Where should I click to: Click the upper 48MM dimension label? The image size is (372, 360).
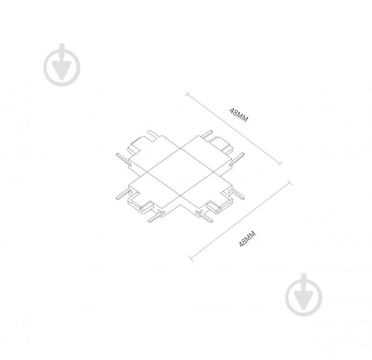click(x=239, y=115)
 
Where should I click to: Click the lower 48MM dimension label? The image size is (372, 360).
click(x=248, y=239)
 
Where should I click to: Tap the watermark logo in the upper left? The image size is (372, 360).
click(x=62, y=65)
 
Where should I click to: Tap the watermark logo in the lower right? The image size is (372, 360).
click(x=304, y=295)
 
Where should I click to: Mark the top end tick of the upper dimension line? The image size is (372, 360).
click(x=188, y=94)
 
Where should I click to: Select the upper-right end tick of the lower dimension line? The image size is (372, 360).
click(x=290, y=183)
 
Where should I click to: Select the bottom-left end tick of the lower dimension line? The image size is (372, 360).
click(x=191, y=258)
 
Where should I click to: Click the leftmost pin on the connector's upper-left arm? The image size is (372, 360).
click(x=123, y=159)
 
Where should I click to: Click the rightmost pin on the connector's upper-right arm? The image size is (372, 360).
click(x=237, y=158)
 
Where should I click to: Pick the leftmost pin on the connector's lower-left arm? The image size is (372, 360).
click(x=123, y=194)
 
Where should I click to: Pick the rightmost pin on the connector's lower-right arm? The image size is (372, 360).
click(x=237, y=194)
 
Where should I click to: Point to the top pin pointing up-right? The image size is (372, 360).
click(x=207, y=134)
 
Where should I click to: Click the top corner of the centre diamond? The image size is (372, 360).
click(x=181, y=148)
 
